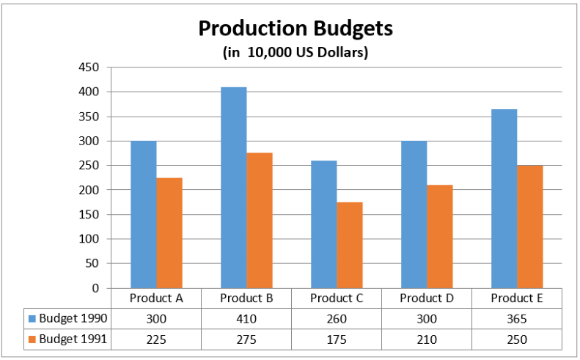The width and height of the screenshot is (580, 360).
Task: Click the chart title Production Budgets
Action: (295, 29)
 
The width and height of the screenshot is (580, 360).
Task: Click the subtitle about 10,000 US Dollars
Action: (295, 53)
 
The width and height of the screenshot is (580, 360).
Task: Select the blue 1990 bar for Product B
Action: (234, 187)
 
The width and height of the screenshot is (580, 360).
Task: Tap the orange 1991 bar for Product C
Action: (350, 245)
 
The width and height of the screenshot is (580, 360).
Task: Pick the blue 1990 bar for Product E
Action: (504, 198)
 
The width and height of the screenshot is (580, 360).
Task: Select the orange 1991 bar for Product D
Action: (440, 236)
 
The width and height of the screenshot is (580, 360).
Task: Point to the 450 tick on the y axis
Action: (89, 67)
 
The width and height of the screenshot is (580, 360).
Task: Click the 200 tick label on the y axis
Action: (89, 190)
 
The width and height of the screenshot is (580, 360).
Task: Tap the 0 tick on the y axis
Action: (95, 288)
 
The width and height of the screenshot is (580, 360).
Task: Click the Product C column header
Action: (337, 298)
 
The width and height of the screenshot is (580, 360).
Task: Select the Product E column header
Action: (517, 298)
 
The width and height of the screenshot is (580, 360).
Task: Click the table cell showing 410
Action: (246, 319)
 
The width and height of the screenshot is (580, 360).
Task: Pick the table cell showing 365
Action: (517, 319)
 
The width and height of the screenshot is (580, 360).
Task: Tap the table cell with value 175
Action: (337, 339)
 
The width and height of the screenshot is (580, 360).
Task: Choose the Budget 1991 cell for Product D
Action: (427, 339)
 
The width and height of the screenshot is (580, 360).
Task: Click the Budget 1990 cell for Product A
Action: (156, 319)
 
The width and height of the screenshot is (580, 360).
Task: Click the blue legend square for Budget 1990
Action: (32, 319)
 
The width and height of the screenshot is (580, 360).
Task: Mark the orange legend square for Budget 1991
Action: (32, 339)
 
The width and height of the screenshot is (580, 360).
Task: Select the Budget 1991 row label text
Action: (73, 339)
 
